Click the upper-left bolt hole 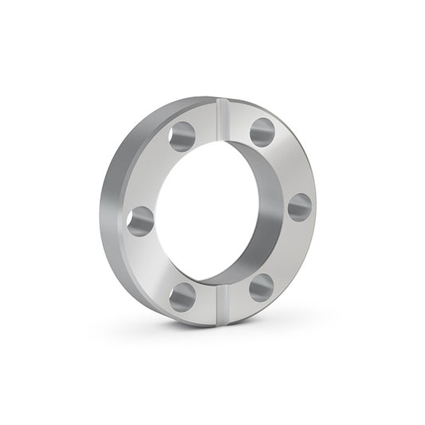(182, 136)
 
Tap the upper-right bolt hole (262, 132)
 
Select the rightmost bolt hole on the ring (300, 207)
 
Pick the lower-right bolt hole (261, 287)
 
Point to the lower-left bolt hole (183, 297)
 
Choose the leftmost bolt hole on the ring (140, 221)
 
